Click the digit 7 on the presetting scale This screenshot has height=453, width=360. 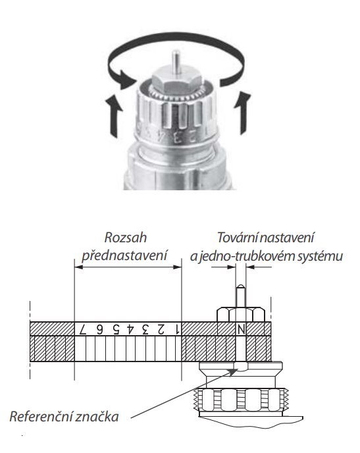pyautogui.click(x=83, y=329)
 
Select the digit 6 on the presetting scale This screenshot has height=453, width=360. pyautogui.click(x=99, y=329)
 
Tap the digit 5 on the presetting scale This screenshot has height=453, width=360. pyautogui.click(x=116, y=329)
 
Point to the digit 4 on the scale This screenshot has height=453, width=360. pyautogui.click(x=131, y=329)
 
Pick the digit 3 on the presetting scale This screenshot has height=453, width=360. pyautogui.click(x=145, y=329)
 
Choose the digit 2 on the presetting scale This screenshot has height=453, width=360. pyautogui.click(x=161, y=329)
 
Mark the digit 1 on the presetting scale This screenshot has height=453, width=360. pyautogui.click(x=177, y=329)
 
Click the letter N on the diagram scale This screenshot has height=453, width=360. pyautogui.click(x=241, y=329)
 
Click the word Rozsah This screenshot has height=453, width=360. pyautogui.click(x=126, y=238)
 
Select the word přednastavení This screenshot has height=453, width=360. pyautogui.click(x=124, y=255)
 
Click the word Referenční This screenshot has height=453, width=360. pyautogui.click(x=40, y=417)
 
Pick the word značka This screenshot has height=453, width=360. pyautogui.click(x=97, y=417)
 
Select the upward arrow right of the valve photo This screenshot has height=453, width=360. pyautogui.click(x=242, y=113)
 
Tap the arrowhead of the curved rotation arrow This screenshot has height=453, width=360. pyautogui.click(x=126, y=79)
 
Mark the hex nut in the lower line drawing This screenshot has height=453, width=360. pyautogui.click(x=241, y=315)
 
